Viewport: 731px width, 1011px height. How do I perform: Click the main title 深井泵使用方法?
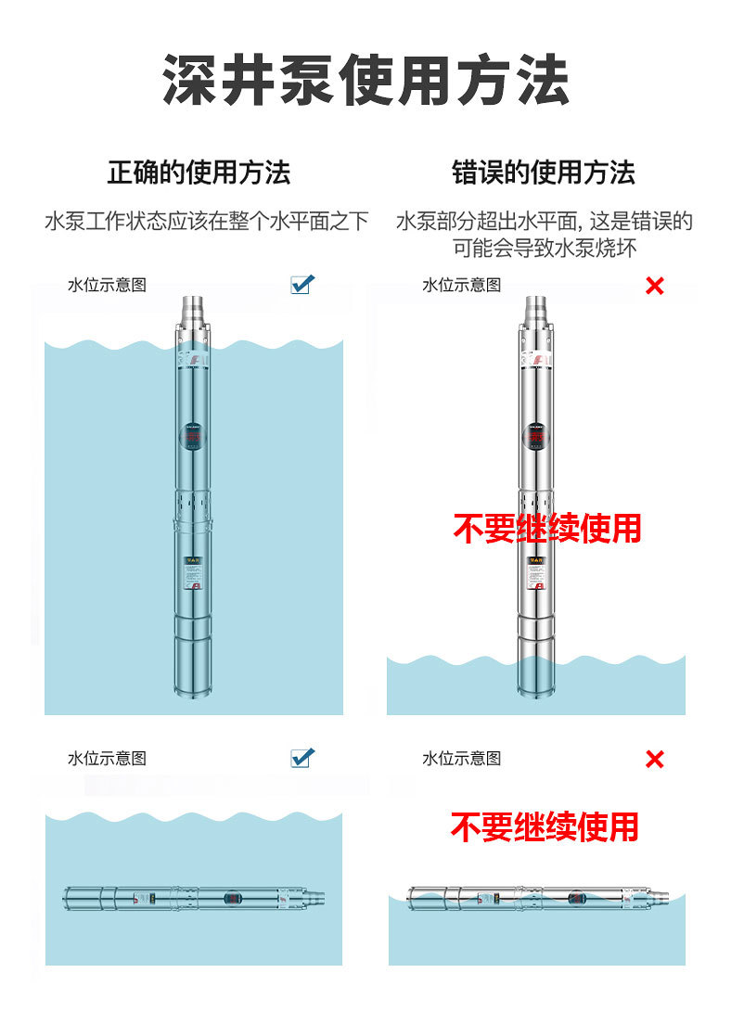365,81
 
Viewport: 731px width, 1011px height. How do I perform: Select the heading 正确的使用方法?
199,173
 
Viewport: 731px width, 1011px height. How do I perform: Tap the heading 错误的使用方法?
544,173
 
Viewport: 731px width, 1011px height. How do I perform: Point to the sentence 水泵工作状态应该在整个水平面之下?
207,222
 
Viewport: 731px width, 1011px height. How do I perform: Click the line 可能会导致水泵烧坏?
545,248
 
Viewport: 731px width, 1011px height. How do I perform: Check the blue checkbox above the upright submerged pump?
301,284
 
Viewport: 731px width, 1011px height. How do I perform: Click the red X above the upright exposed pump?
654,286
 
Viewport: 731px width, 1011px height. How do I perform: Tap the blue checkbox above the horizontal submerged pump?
301,758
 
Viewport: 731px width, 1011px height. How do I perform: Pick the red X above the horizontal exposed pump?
654,760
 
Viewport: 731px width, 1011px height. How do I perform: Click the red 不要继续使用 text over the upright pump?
547,528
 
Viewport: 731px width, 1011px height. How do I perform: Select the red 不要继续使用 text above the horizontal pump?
545,825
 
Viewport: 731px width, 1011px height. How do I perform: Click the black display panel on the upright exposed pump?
536,434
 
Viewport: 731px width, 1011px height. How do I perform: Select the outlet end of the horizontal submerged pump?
315,898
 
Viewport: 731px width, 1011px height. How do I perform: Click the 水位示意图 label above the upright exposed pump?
461,285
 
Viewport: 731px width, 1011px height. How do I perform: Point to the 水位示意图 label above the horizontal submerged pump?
107,758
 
